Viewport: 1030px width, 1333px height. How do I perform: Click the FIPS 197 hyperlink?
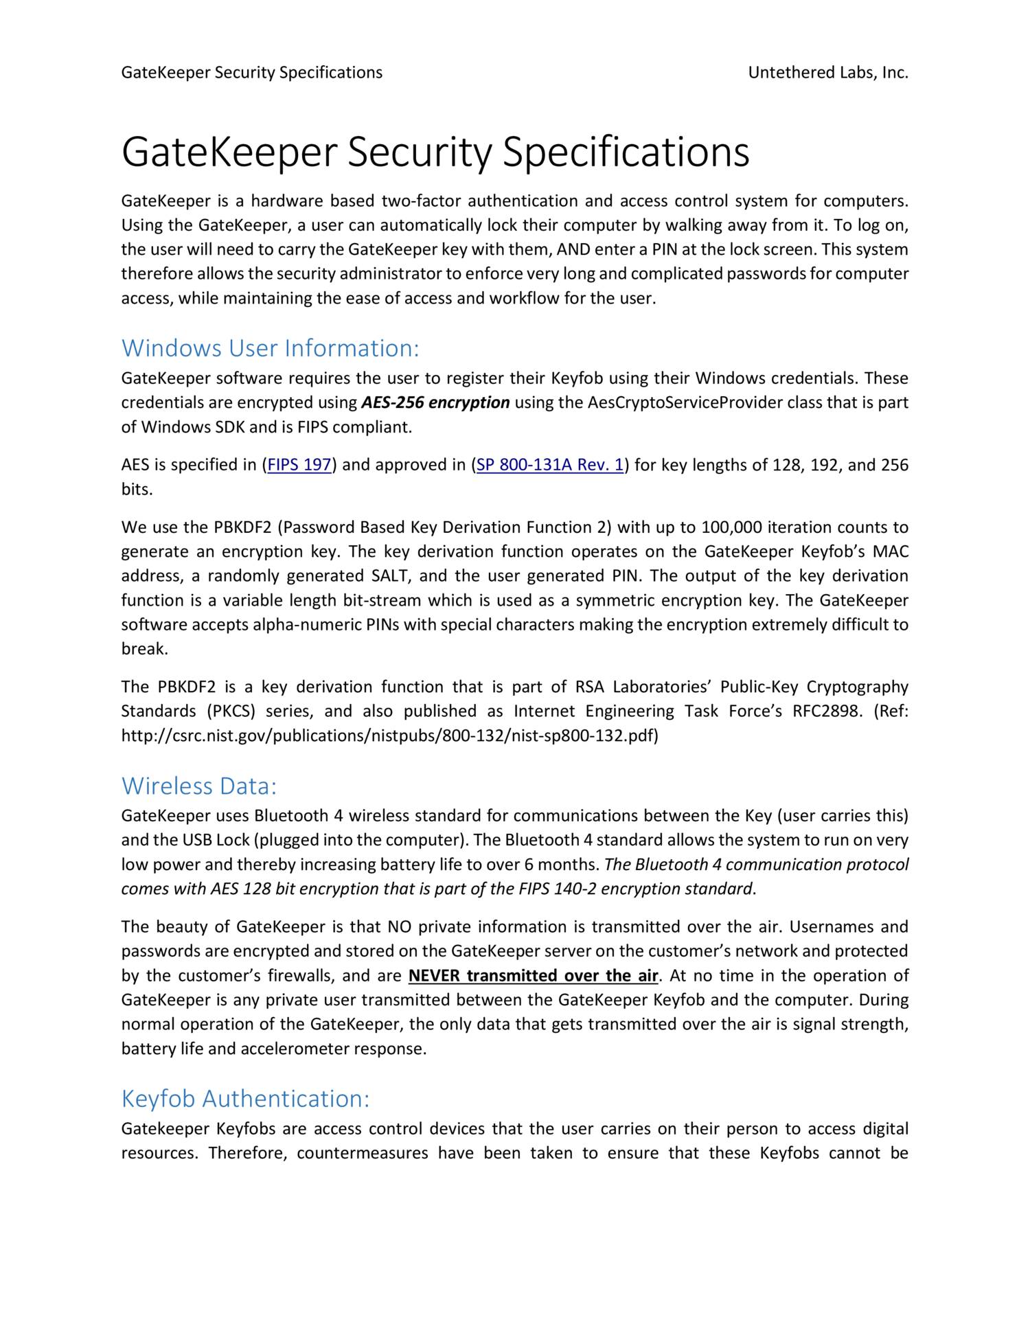(x=299, y=465)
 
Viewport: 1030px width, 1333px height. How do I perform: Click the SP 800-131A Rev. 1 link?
(x=550, y=465)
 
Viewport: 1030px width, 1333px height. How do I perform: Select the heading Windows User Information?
(x=270, y=348)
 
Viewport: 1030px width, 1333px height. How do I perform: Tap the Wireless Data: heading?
(x=198, y=786)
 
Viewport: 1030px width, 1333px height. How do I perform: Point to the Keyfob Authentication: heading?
(x=245, y=1098)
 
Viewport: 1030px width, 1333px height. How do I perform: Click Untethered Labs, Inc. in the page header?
(x=827, y=72)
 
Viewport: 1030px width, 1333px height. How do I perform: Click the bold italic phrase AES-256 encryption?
(x=435, y=402)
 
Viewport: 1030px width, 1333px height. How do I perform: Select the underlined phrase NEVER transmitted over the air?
(x=533, y=975)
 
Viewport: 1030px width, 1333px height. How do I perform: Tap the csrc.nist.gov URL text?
(x=389, y=736)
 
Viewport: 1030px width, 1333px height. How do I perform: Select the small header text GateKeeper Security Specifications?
(x=251, y=72)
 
